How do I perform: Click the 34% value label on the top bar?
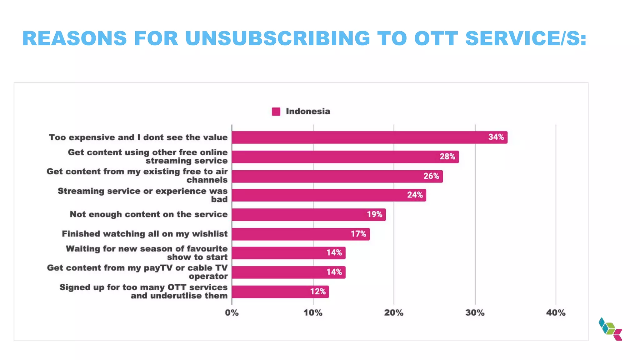(x=496, y=137)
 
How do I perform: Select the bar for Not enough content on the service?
(x=309, y=215)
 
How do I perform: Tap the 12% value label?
(x=318, y=292)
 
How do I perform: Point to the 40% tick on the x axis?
(x=556, y=313)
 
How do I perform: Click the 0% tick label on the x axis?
(x=232, y=313)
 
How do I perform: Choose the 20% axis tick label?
(x=394, y=313)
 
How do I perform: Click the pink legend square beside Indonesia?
(x=276, y=112)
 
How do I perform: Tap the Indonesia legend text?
(x=308, y=112)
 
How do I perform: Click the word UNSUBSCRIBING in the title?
(x=277, y=38)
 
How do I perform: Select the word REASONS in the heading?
(x=75, y=38)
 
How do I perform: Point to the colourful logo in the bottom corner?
(x=610, y=329)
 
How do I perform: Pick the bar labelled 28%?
(x=345, y=157)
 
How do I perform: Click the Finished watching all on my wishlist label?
(x=145, y=234)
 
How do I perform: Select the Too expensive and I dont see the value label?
(x=138, y=137)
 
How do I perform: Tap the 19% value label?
(x=374, y=214)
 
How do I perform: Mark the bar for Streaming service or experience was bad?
(x=329, y=195)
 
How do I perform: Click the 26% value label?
(x=431, y=176)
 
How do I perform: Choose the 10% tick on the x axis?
(x=313, y=313)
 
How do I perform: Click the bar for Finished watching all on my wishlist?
(x=301, y=234)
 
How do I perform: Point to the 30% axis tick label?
(x=475, y=313)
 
